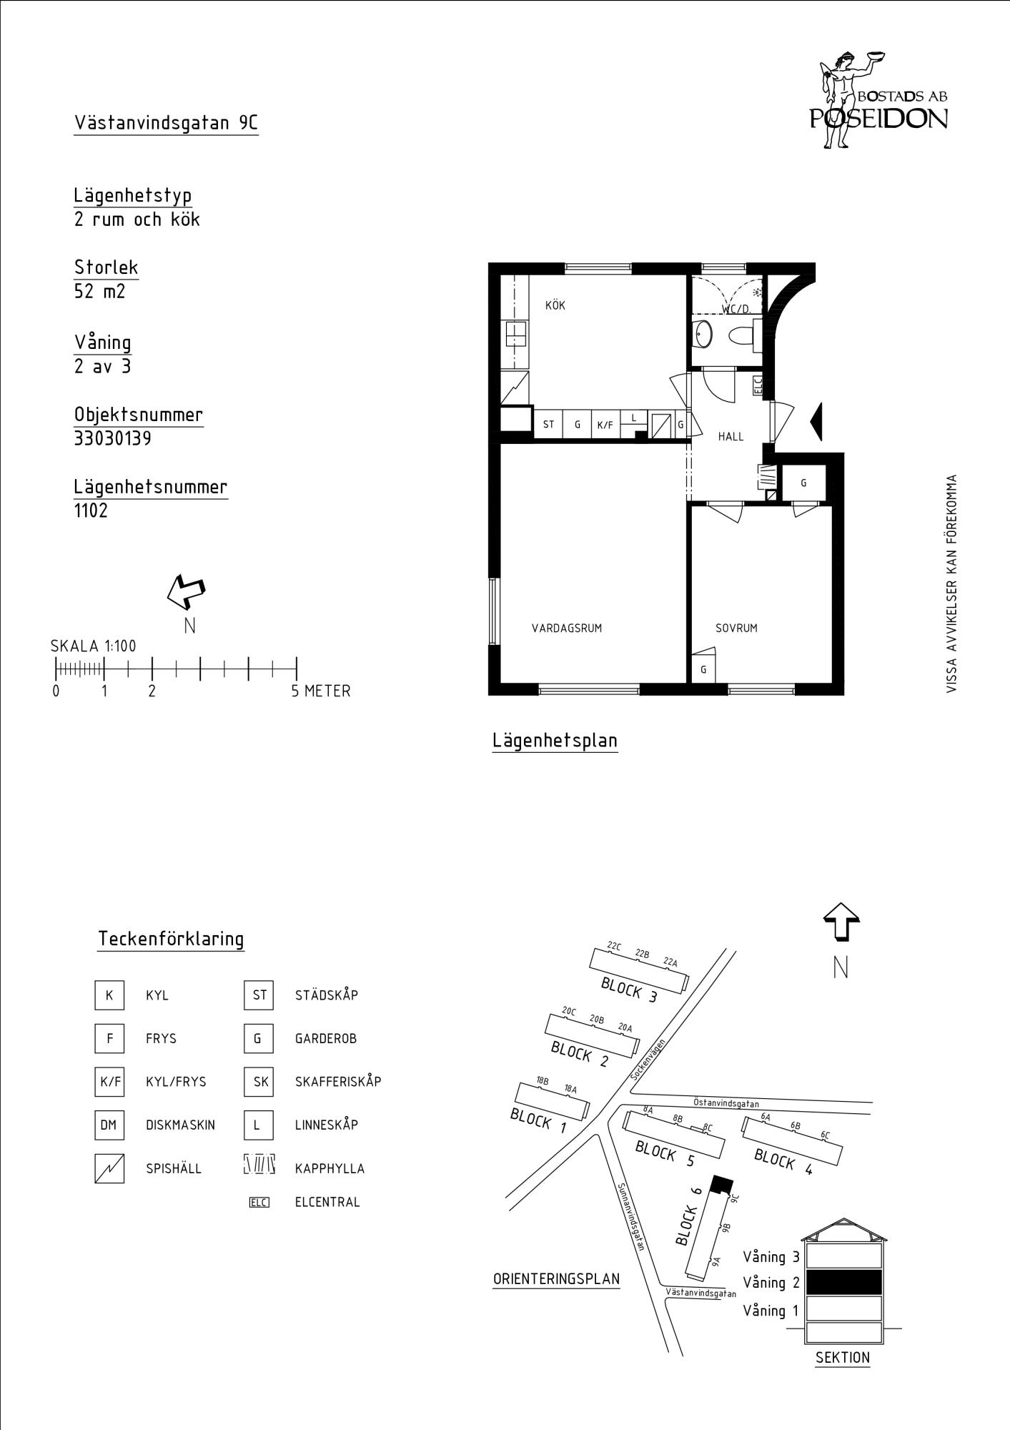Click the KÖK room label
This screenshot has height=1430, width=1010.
[555, 305]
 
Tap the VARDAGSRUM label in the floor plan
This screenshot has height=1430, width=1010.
[567, 628]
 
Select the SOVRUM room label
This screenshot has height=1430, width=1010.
[736, 628]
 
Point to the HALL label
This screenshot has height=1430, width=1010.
[731, 436]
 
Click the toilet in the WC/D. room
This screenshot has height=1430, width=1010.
[743, 335]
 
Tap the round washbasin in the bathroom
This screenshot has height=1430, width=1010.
[703, 335]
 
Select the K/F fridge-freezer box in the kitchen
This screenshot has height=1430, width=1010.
[605, 425]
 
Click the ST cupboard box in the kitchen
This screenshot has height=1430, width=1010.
[548, 424]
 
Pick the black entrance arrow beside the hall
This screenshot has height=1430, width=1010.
[816, 422]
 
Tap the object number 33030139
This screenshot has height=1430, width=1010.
[113, 438]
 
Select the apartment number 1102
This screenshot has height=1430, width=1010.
[91, 511]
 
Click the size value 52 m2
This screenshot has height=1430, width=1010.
[99, 292]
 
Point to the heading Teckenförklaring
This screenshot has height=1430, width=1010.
[171, 939]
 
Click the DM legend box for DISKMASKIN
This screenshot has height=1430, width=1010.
[109, 1125]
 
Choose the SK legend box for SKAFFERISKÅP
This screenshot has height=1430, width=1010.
[259, 1082]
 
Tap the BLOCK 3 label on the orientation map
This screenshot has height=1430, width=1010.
[629, 990]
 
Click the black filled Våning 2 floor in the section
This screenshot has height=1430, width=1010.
[843, 1282]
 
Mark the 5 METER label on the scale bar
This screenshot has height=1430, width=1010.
[321, 691]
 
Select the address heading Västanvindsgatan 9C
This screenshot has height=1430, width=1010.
[166, 123]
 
